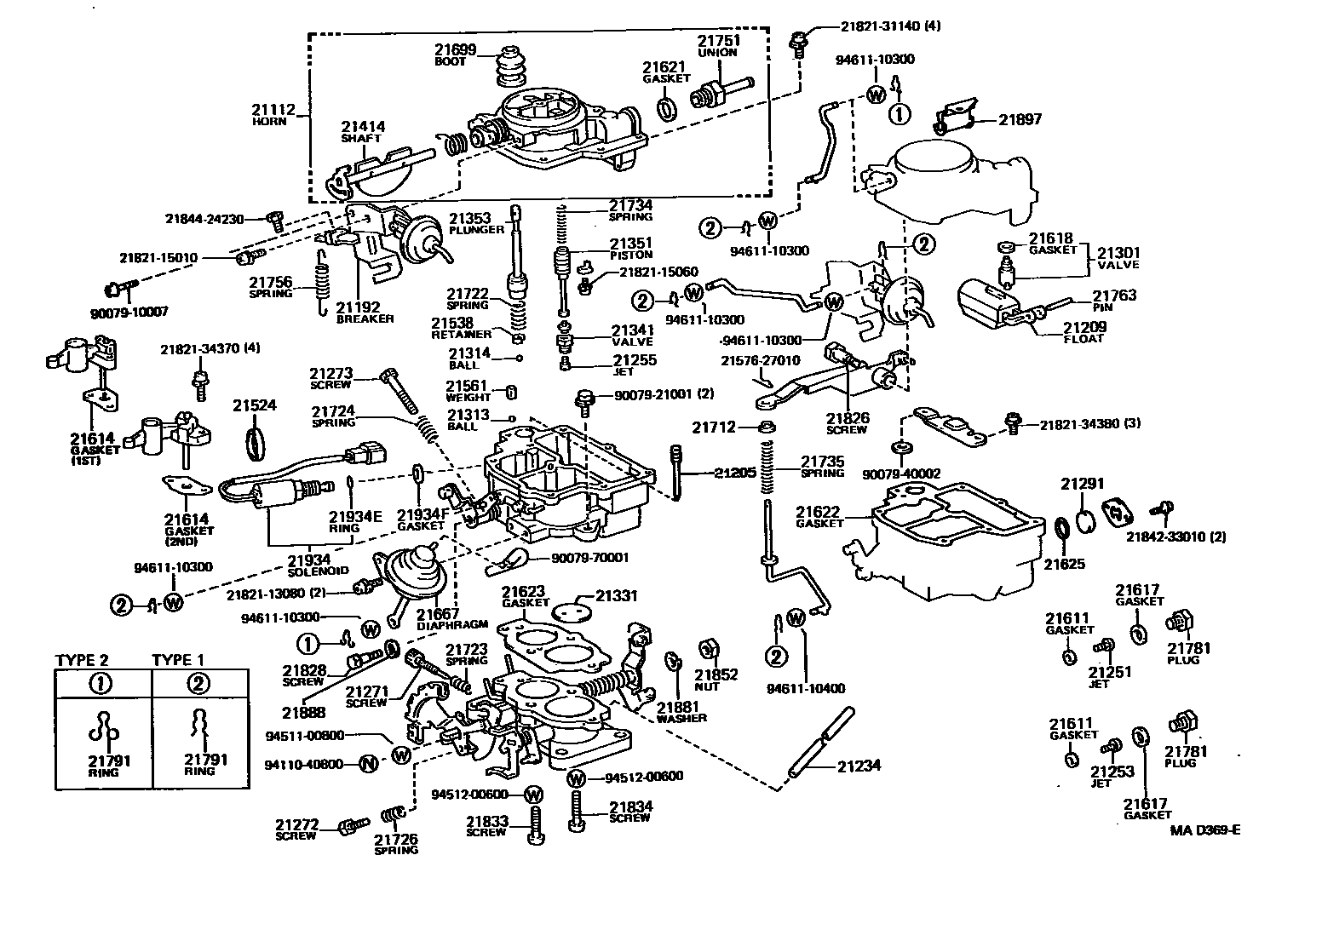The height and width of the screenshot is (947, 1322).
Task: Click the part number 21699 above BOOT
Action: coord(456,50)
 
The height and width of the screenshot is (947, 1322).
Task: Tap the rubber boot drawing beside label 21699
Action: coord(511,66)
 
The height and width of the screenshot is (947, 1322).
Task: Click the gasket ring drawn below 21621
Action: coord(669,109)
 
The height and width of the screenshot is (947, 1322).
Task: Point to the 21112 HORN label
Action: coord(273,115)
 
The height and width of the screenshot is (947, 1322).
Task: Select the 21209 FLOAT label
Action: coord(1083,332)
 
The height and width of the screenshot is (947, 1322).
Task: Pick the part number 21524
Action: coord(255,406)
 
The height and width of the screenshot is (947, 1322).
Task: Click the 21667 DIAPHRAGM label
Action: coord(438,619)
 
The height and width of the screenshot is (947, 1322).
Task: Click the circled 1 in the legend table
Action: coord(101,683)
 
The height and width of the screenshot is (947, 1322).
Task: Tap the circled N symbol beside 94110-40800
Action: coord(368,764)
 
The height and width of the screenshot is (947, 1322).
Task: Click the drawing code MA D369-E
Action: coord(1204,831)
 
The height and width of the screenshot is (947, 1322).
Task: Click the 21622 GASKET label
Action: coord(818,517)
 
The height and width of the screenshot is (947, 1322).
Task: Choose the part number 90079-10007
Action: coord(129,313)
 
